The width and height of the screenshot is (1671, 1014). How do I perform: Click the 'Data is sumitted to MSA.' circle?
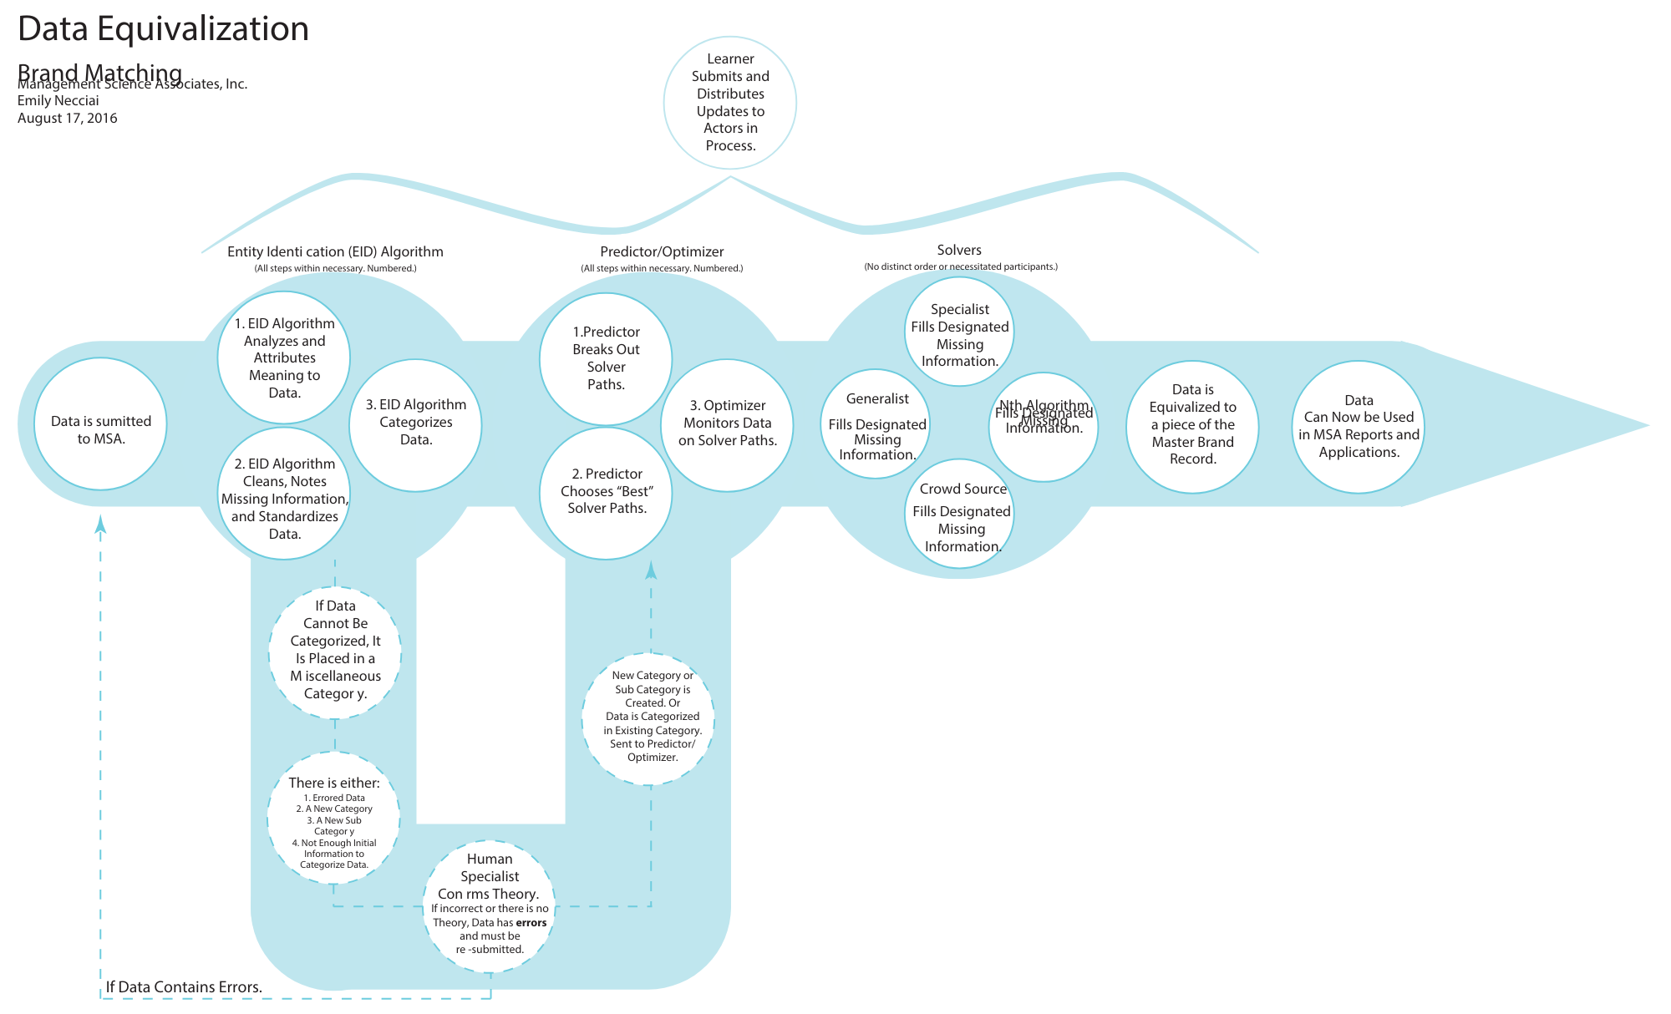click(x=100, y=423)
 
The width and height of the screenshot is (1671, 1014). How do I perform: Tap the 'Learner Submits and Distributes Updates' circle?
click(x=730, y=102)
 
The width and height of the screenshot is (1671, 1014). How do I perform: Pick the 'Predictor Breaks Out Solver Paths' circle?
click(x=606, y=358)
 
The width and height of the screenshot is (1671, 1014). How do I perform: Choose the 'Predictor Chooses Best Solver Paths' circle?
click(x=606, y=493)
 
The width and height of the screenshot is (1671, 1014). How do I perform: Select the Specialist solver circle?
click(x=959, y=332)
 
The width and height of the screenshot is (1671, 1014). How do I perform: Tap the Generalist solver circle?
click(x=876, y=424)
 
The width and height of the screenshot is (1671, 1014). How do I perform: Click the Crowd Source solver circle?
click(x=959, y=514)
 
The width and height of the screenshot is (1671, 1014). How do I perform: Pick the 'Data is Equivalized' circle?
click(x=1192, y=426)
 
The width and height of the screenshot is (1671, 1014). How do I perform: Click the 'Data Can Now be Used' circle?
click(x=1359, y=427)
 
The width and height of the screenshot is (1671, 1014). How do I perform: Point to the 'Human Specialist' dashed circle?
click(x=490, y=906)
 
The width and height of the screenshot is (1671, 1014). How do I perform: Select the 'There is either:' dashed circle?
click(x=333, y=819)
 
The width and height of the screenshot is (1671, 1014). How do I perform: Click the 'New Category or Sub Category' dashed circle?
click(x=648, y=718)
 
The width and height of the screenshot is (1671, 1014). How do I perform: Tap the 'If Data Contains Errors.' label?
click(x=184, y=987)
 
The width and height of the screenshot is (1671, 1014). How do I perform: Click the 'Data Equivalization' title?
click(x=164, y=28)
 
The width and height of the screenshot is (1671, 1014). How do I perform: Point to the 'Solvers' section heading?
click(x=959, y=250)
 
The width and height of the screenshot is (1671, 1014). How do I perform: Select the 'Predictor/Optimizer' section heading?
click(x=662, y=251)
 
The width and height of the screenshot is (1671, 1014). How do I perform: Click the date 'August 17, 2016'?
click(x=68, y=119)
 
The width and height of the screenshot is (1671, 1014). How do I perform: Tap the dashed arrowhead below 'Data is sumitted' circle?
click(x=101, y=524)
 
